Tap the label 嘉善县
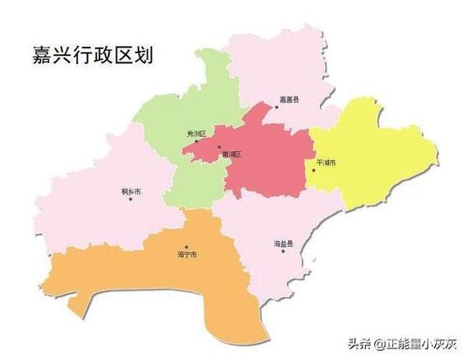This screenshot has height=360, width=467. pos(289,99)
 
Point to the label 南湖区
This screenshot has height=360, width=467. pos(231,153)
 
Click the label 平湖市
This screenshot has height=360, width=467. pos(326,162)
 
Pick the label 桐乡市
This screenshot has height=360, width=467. pos(130,190)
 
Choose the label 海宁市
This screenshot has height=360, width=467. pos(187,255)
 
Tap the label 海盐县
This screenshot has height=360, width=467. pos(284,244)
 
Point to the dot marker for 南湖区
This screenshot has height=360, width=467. pos(219,148)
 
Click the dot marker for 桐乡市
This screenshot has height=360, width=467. pos(130,199)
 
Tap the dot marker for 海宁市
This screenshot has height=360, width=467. pos(187,246)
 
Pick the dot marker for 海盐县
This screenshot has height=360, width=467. pos(283,252)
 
